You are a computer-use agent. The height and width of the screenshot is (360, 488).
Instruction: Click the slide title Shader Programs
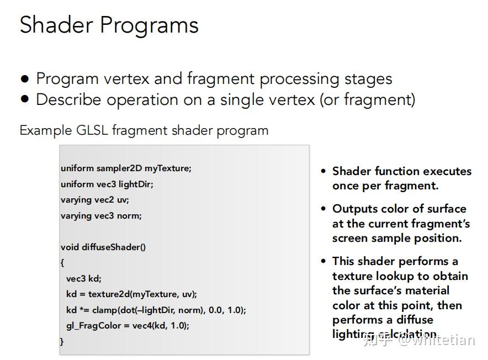(x=109, y=25)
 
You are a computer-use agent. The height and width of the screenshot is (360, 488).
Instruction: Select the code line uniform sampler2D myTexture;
(x=126, y=168)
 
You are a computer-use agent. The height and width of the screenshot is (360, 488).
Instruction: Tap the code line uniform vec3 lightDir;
(x=107, y=184)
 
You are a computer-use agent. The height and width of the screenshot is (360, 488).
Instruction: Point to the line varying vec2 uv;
(x=94, y=200)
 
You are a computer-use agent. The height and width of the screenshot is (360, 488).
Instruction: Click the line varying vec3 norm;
(x=101, y=216)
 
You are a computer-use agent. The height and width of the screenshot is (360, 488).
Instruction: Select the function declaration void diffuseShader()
(x=103, y=247)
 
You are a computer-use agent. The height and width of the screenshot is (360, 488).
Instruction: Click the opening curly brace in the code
(x=62, y=263)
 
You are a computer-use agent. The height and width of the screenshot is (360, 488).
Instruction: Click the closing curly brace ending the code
(x=62, y=341)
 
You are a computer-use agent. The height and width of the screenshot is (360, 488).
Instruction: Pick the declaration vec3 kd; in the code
(x=84, y=278)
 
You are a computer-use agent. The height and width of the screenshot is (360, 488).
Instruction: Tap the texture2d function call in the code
(x=108, y=294)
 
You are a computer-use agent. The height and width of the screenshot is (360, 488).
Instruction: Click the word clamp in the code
(x=103, y=310)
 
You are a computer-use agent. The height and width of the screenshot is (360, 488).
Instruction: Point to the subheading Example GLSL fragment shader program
(x=144, y=131)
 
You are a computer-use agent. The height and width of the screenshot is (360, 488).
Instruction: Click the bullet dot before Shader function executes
(x=323, y=171)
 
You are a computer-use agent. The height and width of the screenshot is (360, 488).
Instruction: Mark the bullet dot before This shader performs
(x=323, y=261)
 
